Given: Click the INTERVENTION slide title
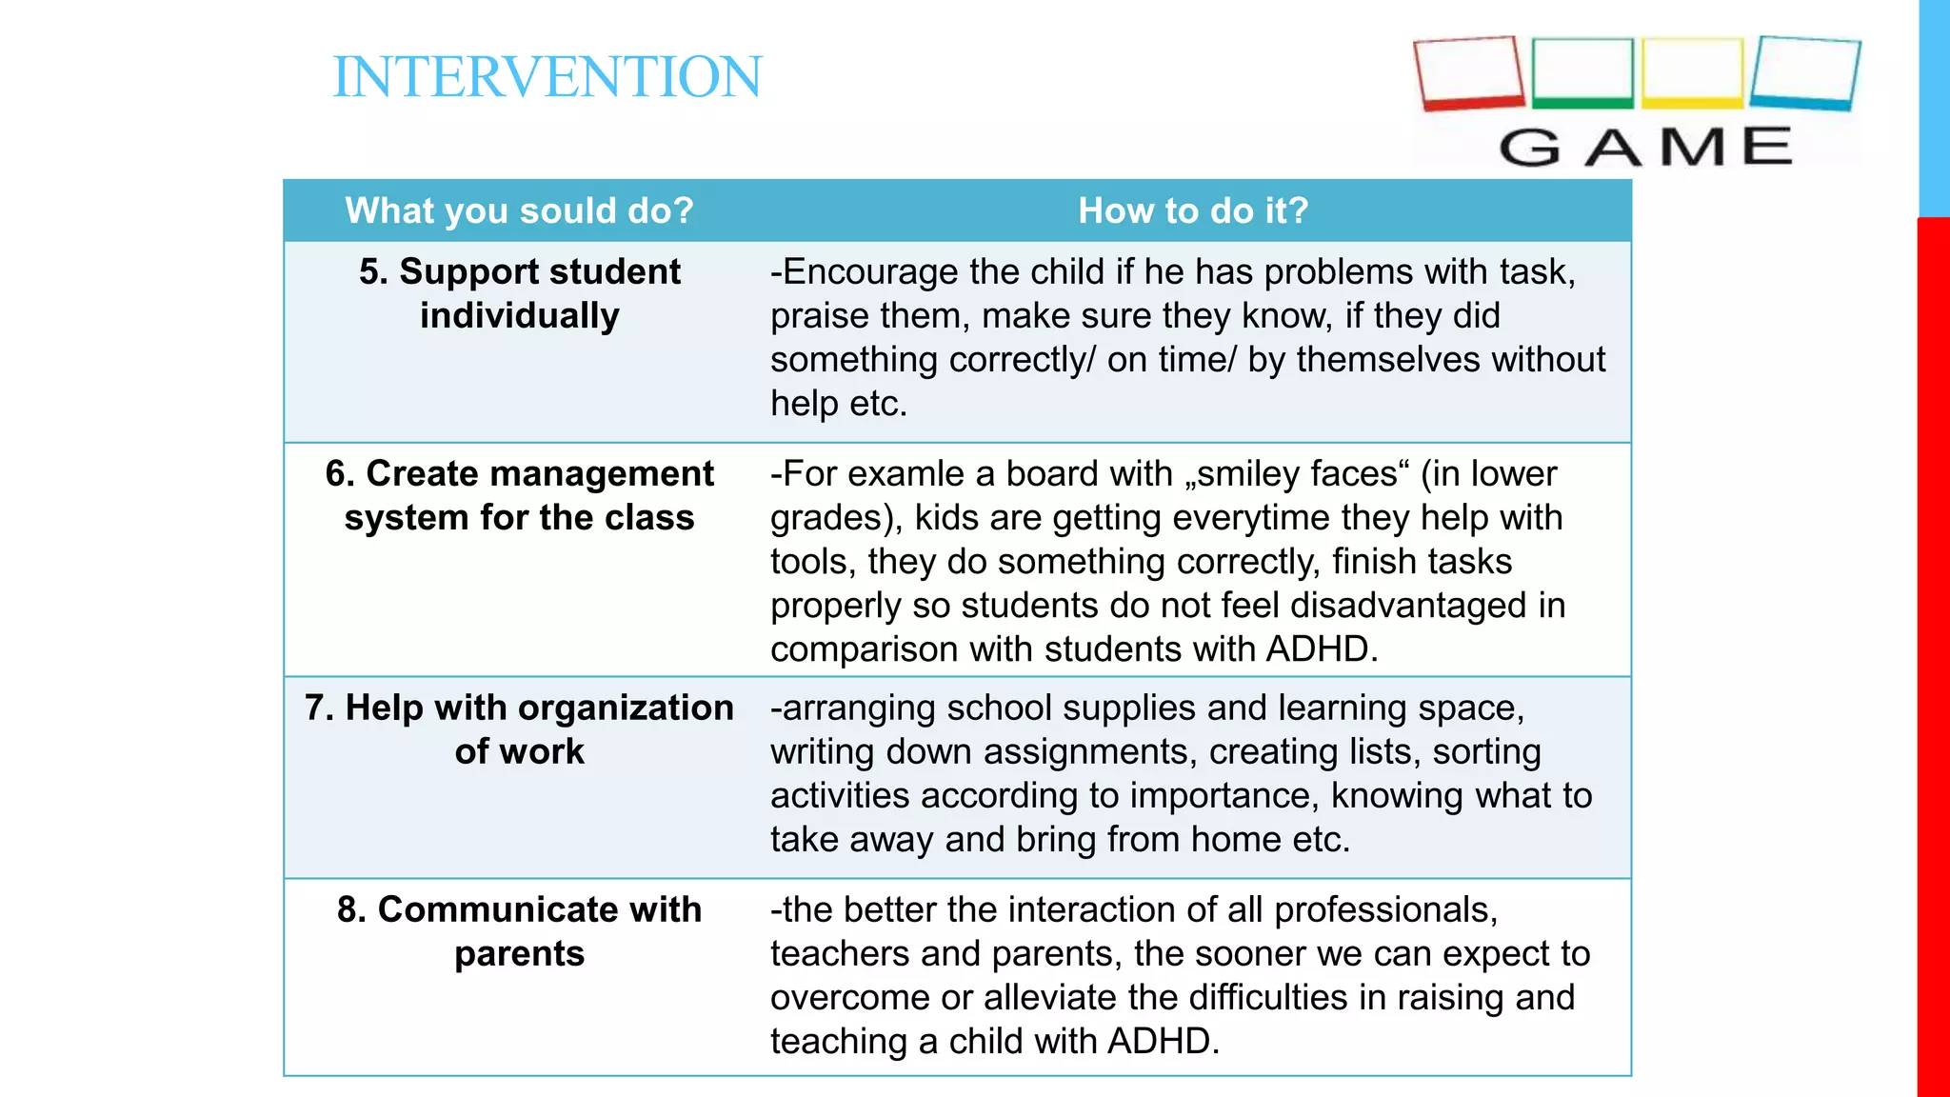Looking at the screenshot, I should pos(547,77).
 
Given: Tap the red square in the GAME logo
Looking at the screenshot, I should pos(1469,72).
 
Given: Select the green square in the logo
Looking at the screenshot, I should pos(1582,72).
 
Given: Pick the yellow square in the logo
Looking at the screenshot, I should pos(1692,72).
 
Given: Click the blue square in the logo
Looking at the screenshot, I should pos(1804,72).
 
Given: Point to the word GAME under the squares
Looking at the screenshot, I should pos(1645,148).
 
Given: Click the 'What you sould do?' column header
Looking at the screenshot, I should pos(519,210).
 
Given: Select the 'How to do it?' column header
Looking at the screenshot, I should pos(1193,210).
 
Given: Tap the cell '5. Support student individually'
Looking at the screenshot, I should pos(519,293).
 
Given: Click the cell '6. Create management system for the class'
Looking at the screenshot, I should pos(519,495).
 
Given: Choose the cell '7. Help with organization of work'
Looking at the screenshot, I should pos(519,729).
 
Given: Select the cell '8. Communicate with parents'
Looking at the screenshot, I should pos(519,931).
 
